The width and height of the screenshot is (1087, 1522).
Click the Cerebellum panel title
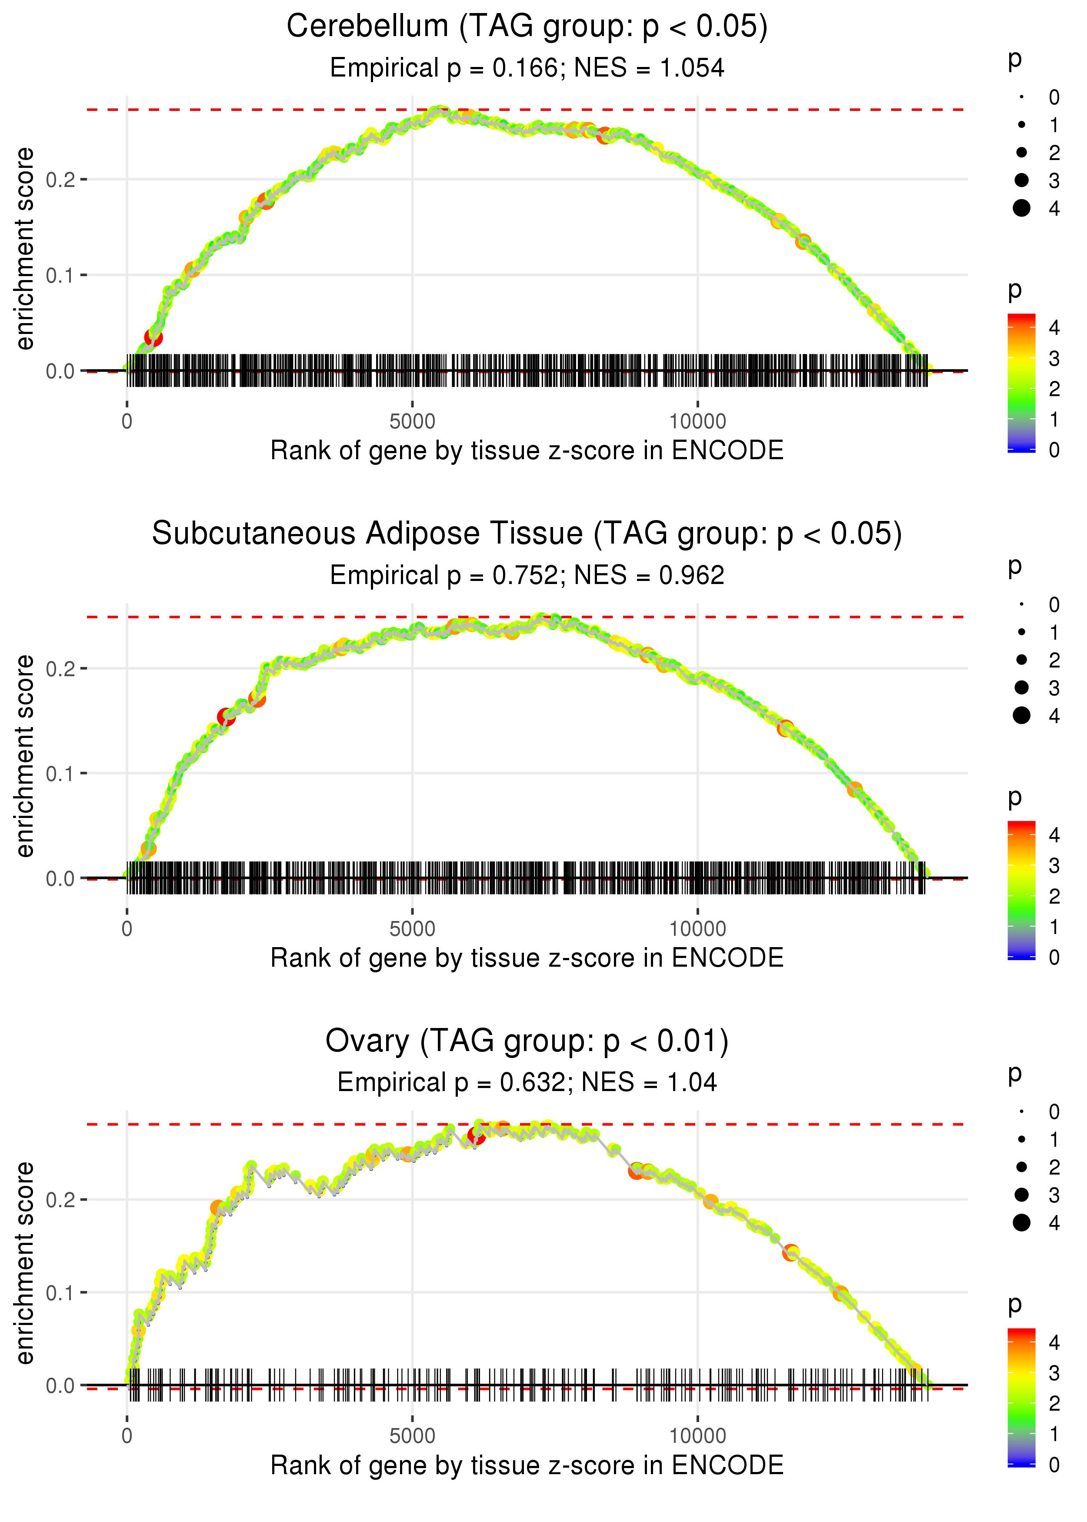tap(527, 27)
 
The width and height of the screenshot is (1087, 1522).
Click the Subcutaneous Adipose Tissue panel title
tap(527, 534)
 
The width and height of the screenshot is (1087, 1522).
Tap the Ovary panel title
tap(527, 1041)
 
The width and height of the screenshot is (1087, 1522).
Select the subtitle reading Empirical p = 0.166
tap(527, 68)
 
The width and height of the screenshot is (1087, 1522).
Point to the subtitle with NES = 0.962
tap(527, 576)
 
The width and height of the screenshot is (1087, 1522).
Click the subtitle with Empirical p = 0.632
tap(527, 1082)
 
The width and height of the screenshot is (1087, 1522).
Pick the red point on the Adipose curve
tap(226, 718)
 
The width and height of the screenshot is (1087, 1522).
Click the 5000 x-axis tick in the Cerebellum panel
tap(412, 422)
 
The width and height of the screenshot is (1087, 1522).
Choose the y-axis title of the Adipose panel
tap(25, 756)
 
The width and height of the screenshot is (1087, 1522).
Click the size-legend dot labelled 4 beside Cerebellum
tap(1021, 208)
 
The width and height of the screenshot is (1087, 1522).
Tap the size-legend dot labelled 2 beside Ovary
tap(1021, 1167)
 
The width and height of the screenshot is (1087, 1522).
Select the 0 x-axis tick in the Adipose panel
tap(127, 929)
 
